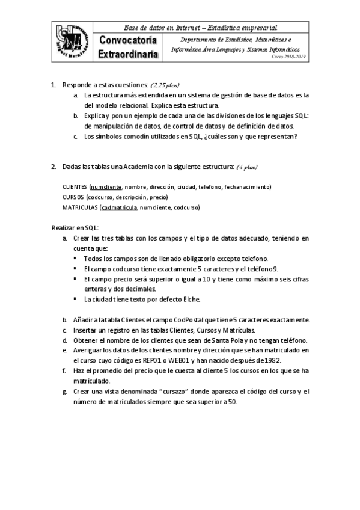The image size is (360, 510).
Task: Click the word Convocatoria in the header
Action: [x=128, y=41]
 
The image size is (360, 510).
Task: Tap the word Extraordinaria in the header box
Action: [x=129, y=54]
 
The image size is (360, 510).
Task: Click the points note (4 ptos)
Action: [x=247, y=166]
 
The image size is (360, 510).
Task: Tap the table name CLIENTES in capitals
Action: [x=75, y=187]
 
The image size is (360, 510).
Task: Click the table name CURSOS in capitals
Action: [x=73, y=197]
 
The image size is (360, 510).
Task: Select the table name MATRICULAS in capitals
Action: [x=81, y=207]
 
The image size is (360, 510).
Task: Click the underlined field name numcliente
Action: [x=106, y=187]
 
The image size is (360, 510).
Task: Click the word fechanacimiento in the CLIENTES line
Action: [x=248, y=187]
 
